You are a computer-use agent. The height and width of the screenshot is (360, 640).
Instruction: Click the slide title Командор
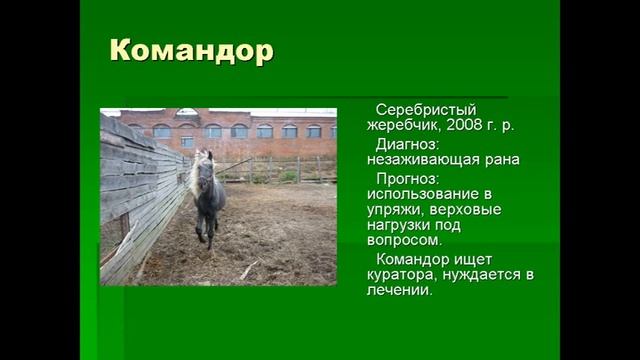coord(190,51)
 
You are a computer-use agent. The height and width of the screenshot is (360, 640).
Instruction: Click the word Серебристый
coord(421,109)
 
